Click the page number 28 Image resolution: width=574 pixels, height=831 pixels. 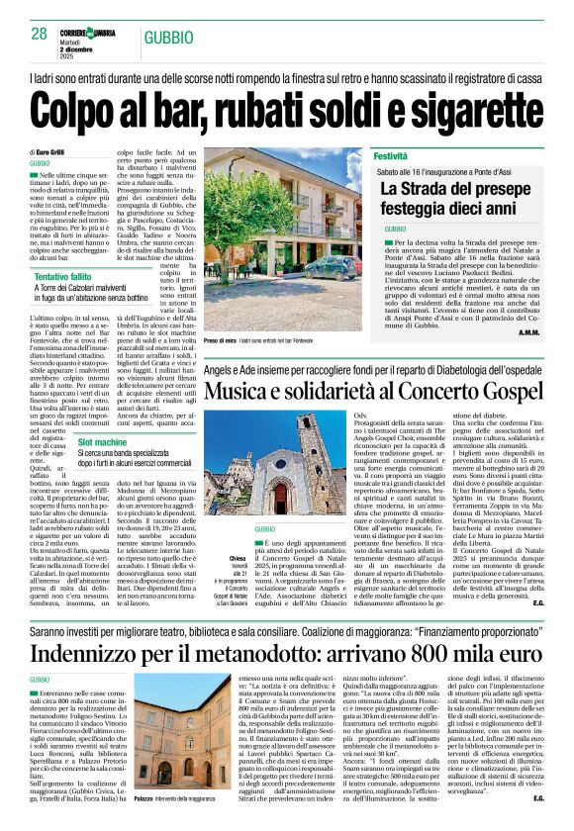click(x=40, y=34)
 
